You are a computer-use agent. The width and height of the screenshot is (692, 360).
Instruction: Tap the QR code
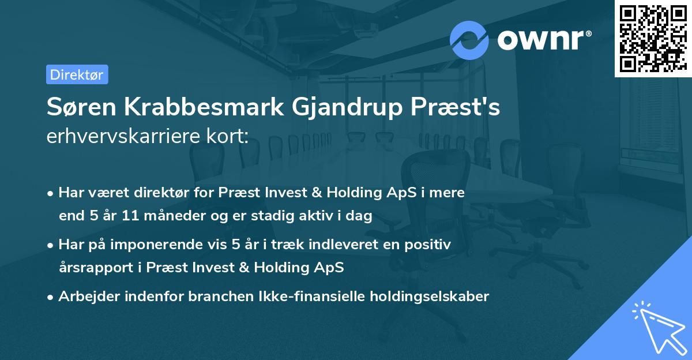click(652, 38)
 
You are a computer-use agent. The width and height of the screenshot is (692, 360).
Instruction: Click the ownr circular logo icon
click(469, 40)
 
